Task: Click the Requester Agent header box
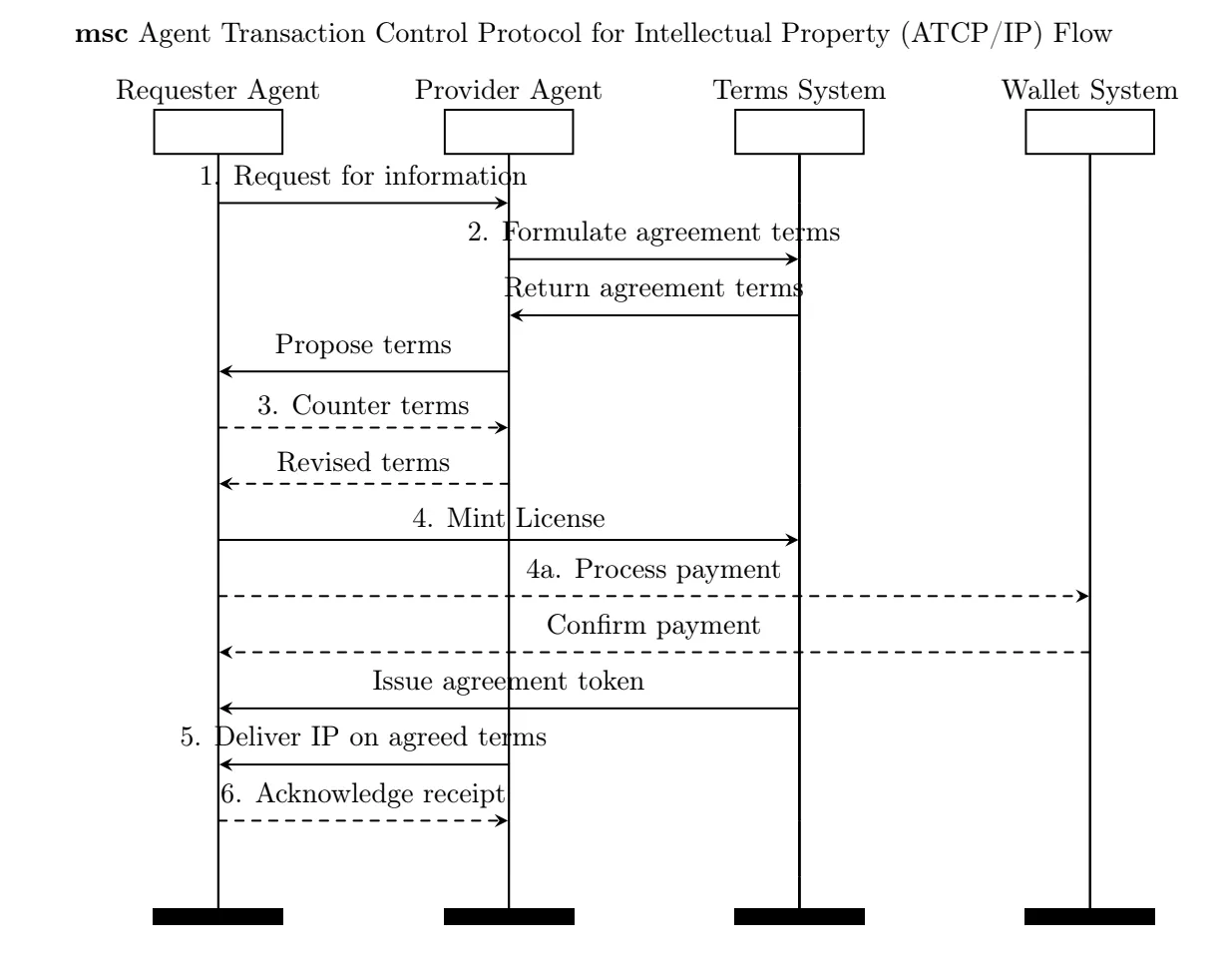[x=218, y=133]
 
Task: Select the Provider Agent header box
[x=509, y=133]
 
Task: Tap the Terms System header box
[x=799, y=133]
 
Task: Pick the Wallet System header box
[x=1089, y=133]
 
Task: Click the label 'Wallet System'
[x=1089, y=92]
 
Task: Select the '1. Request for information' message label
[x=362, y=179]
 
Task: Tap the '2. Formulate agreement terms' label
[x=654, y=234]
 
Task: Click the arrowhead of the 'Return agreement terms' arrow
[x=515, y=316]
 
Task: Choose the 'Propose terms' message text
[x=363, y=346]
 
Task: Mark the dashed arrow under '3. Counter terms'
[x=363, y=428]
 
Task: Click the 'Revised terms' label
[x=363, y=463]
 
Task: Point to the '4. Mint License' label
[x=509, y=519]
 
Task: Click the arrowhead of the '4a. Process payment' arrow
[x=1082, y=597]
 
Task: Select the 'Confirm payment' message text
[x=654, y=627]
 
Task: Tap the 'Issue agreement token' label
[x=509, y=684]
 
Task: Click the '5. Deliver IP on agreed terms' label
[x=362, y=739]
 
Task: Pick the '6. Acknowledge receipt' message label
[x=363, y=795]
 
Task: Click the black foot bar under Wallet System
[x=1089, y=917]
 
